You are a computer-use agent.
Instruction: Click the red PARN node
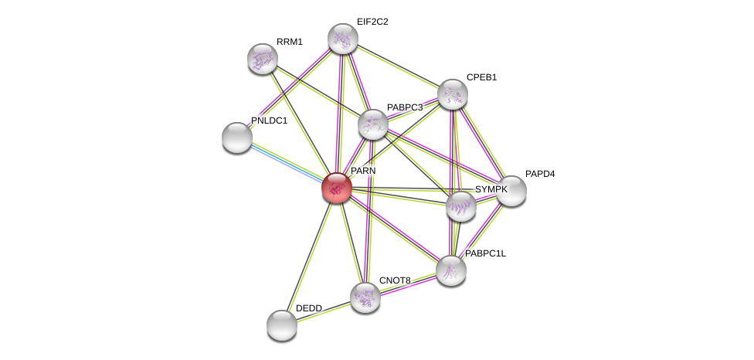[337, 188]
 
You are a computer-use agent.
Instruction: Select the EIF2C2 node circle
[342, 39]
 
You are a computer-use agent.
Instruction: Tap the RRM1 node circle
[263, 58]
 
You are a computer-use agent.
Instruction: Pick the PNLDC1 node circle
[237, 138]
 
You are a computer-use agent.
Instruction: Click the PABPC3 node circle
[372, 124]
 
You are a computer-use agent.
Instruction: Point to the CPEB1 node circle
[453, 94]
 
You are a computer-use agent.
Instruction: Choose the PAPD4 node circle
[511, 191]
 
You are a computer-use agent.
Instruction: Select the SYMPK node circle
[461, 206]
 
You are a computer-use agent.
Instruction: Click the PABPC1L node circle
[451, 270]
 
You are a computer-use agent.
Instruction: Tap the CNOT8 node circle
[365, 297]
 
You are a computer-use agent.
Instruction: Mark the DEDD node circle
[282, 325]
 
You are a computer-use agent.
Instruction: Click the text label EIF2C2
[372, 22]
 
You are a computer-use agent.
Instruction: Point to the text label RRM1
[290, 42]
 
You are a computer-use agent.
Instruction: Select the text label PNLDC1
[269, 121]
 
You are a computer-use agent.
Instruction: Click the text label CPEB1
[481, 77]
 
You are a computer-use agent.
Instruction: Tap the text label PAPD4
[540, 174]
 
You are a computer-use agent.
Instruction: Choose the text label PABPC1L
[485, 253]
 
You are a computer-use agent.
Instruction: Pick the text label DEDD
[308, 308]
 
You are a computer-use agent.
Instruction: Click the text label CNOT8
[395, 280]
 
